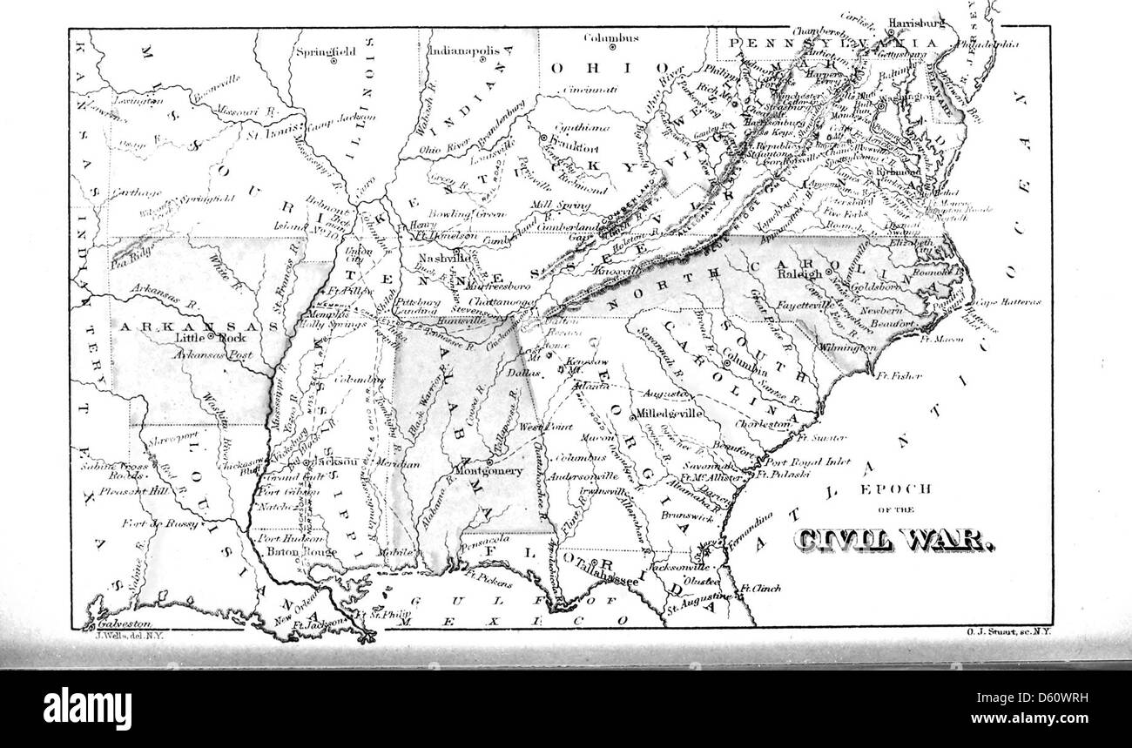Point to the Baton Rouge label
coord(289,551)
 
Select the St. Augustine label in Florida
coord(696,596)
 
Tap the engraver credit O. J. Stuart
coord(1008,637)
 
